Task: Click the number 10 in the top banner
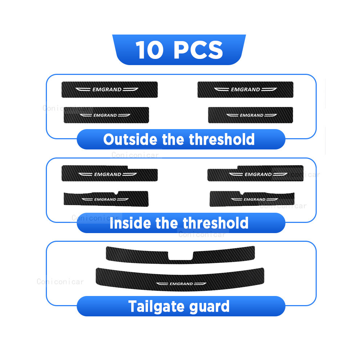(x=149, y=50)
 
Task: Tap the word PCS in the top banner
(x=198, y=50)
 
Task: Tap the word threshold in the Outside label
(x=221, y=139)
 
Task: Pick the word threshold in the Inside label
(x=215, y=223)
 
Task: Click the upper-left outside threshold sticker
(x=109, y=89)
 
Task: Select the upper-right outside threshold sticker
(x=245, y=89)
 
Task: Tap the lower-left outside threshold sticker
(x=106, y=115)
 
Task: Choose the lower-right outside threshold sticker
(x=251, y=115)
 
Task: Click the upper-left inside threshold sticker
(x=109, y=173)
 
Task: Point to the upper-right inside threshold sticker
(x=255, y=173)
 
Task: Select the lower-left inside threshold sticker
(x=106, y=199)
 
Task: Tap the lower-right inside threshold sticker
(x=252, y=199)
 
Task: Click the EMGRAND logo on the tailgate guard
(x=181, y=284)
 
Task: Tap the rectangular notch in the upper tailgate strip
(x=180, y=256)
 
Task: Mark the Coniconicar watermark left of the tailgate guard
(x=60, y=282)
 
